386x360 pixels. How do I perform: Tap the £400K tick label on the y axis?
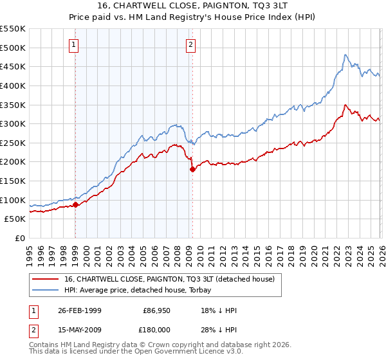13,85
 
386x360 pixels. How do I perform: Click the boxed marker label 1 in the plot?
75,45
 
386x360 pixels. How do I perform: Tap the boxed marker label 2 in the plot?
192,45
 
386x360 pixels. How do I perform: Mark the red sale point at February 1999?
75,205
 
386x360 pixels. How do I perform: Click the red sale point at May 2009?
192,170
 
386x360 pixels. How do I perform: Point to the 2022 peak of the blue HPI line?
345,55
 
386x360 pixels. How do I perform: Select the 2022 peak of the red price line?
345,105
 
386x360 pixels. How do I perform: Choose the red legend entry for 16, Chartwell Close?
170,279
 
